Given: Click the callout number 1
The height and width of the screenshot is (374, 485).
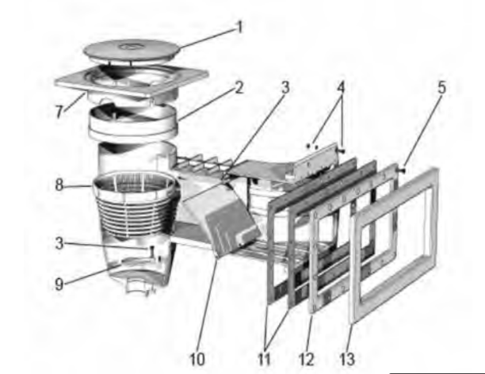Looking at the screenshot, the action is click(x=239, y=27).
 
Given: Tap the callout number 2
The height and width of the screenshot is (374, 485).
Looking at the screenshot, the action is click(x=239, y=87).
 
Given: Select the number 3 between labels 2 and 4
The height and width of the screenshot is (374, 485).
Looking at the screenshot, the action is click(x=285, y=87).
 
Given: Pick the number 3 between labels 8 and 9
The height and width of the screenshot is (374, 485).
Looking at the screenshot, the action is click(x=59, y=243).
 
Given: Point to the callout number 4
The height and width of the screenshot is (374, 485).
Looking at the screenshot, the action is click(x=340, y=87).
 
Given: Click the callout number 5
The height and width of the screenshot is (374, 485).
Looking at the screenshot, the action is click(x=441, y=87).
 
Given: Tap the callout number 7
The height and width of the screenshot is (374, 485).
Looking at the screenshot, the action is click(x=59, y=112).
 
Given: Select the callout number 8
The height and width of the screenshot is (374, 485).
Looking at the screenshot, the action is click(x=59, y=185).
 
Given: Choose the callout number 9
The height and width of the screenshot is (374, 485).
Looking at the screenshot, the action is click(x=59, y=284).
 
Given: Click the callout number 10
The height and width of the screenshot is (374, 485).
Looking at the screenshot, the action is click(x=197, y=360).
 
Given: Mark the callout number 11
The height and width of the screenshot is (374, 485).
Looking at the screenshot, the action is click(x=264, y=360).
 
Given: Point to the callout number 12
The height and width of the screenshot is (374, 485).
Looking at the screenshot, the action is click(x=306, y=360).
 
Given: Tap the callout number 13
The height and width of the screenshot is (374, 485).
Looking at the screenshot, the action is click(x=347, y=360).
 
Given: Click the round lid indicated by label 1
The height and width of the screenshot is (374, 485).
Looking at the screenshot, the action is click(x=132, y=51).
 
